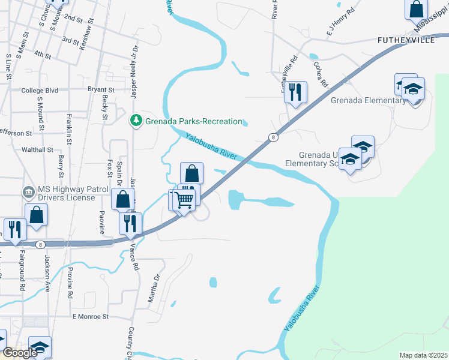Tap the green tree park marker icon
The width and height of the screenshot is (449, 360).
[136, 121]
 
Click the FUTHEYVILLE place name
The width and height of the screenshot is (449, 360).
[406, 40]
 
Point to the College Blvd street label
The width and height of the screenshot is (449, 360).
[40, 90]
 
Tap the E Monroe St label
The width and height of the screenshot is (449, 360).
[90, 316]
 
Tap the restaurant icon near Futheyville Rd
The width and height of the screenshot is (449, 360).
[295, 92]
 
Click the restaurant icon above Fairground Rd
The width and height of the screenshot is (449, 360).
[14, 229]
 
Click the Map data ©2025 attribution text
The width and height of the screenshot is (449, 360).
[423, 355]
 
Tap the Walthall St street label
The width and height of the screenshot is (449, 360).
[37, 149]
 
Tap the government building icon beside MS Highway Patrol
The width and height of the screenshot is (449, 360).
[28, 192]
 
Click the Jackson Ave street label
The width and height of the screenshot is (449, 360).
[47, 271]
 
